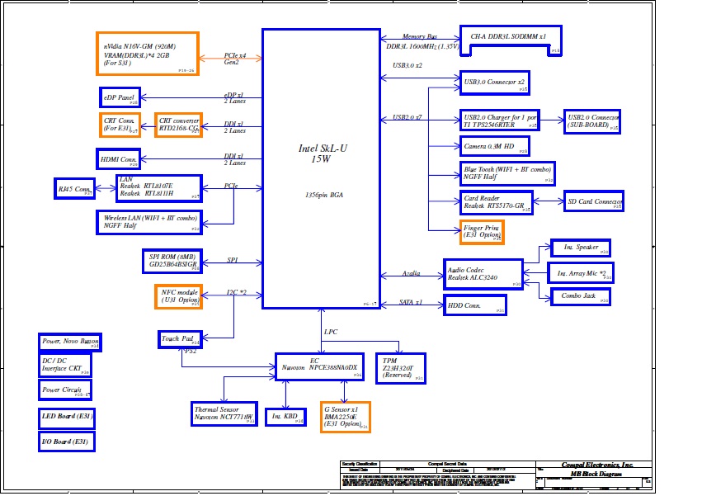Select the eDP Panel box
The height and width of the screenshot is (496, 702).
120,97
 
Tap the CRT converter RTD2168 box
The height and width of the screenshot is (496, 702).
178,125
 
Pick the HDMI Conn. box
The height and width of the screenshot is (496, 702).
120,158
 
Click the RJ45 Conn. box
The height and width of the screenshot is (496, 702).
74,188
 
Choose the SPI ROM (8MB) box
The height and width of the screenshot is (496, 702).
172,261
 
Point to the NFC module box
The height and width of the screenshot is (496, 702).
178,296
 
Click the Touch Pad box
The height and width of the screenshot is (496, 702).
179,338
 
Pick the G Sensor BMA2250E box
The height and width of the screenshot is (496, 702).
345,417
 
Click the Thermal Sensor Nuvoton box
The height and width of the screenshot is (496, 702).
224,413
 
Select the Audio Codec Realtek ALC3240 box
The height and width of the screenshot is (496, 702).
483,274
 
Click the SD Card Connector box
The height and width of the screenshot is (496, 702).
593,201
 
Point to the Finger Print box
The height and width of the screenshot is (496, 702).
482,231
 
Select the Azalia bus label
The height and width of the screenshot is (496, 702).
411,273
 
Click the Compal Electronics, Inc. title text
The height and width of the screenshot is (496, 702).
597,465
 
